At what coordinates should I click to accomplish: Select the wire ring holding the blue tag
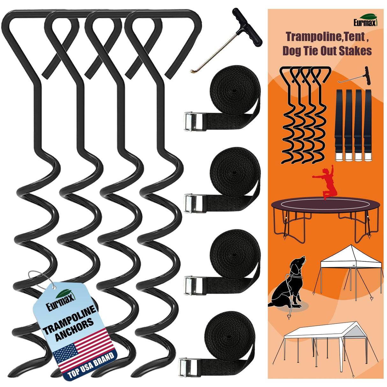pos(40,279)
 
